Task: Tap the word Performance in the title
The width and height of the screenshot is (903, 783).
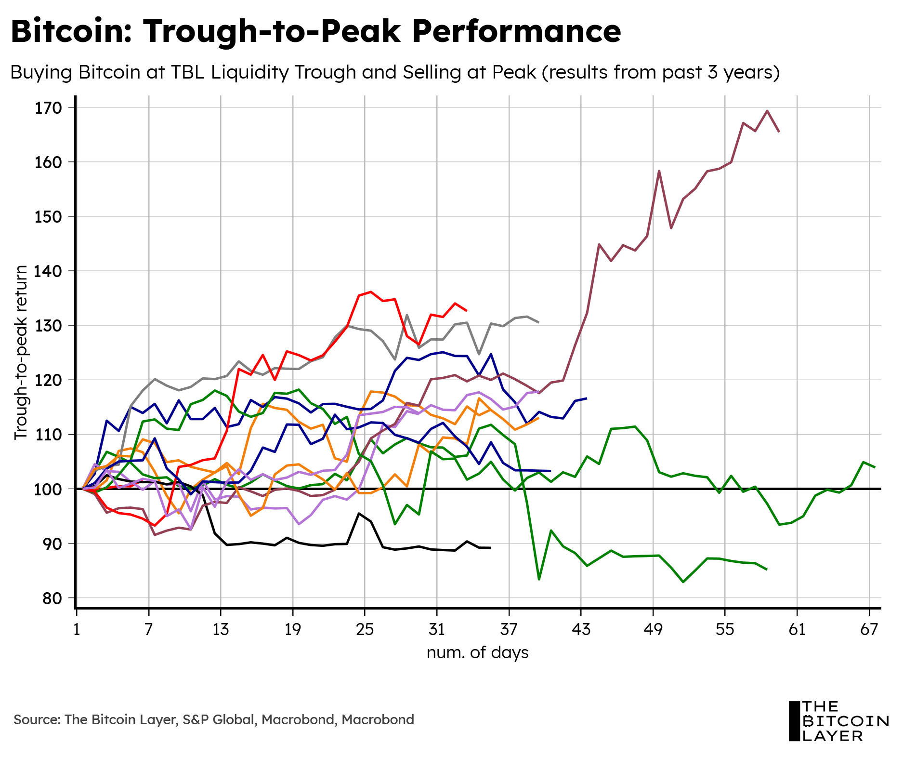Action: click(x=516, y=31)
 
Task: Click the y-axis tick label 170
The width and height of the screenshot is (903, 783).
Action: click(x=49, y=108)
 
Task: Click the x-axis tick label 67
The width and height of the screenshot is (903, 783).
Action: click(x=869, y=630)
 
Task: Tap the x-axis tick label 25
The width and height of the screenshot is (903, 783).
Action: click(x=365, y=630)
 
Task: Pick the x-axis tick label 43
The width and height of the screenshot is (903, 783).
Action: click(x=581, y=630)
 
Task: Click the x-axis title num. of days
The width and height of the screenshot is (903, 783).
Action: click(x=477, y=652)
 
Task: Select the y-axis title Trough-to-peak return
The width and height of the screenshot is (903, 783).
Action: click(x=21, y=352)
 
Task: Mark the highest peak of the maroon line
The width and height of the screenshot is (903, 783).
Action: click(x=767, y=111)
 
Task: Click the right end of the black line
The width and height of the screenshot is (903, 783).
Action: click(x=490, y=548)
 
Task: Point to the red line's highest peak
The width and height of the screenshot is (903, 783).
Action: click(x=370, y=292)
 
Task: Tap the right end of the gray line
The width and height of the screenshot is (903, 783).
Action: click(x=538, y=322)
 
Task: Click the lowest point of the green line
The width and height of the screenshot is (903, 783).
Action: click(x=683, y=582)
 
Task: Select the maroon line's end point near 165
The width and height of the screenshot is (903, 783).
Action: click(x=779, y=132)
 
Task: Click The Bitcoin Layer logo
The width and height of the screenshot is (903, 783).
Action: click(x=838, y=721)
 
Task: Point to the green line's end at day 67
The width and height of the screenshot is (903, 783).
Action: click(x=875, y=467)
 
